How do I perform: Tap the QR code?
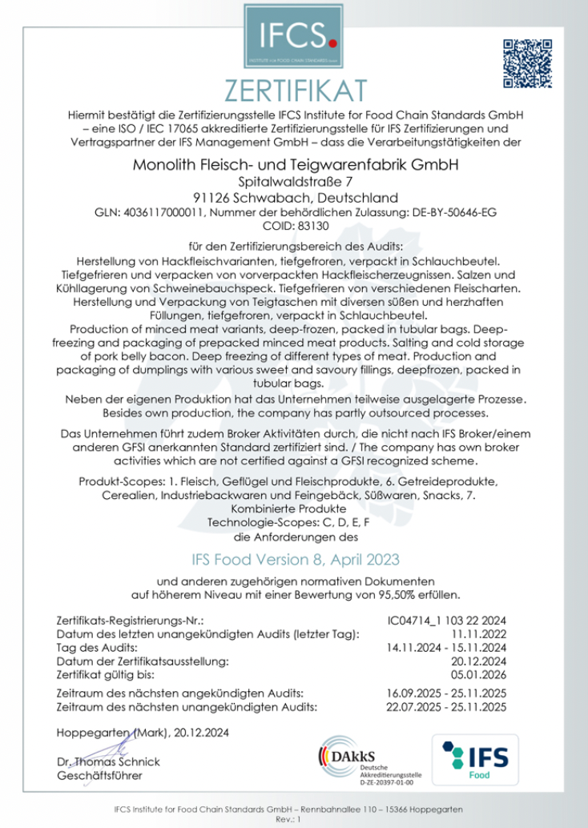[526, 63]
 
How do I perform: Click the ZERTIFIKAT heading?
[293, 88]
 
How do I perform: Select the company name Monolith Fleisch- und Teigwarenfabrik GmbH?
[293, 167]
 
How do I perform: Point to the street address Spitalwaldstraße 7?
[293, 183]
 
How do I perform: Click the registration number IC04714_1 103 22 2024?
[447, 621]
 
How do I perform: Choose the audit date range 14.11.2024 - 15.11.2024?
[447, 647]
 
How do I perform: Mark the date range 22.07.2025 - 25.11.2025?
[447, 706]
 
